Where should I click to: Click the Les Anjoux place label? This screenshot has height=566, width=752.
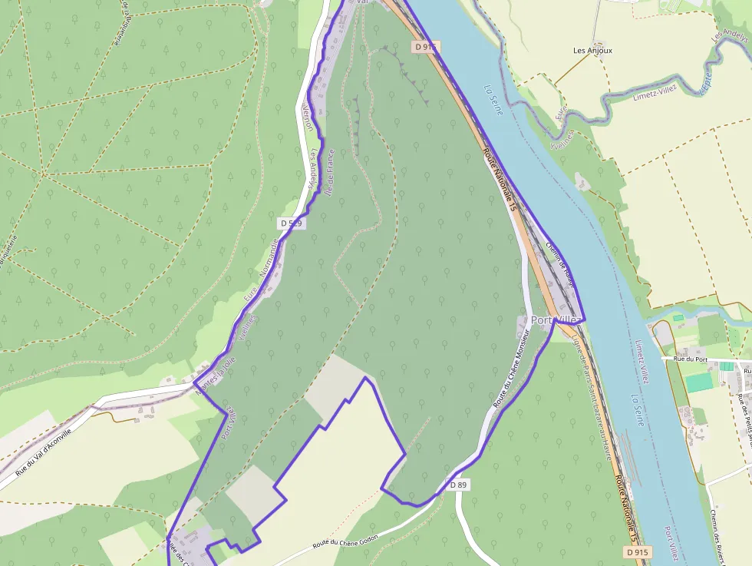tap(593, 51)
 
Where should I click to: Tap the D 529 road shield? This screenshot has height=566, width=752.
tap(291, 223)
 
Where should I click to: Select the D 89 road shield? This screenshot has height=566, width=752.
tap(458, 485)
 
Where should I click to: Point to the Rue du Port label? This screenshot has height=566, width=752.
tap(689, 359)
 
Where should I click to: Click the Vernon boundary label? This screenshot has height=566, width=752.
tap(308, 117)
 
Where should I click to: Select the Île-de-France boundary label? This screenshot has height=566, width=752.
tap(329, 174)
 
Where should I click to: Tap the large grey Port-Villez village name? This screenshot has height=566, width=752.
tap(555, 319)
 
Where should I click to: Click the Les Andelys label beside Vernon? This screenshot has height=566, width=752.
tap(313, 170)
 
